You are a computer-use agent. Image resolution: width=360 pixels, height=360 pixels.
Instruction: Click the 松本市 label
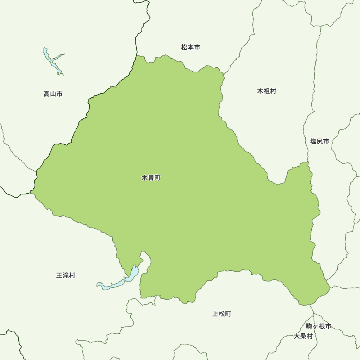click(190, 47)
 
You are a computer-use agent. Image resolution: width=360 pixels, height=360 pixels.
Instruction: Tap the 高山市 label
click(53, 94)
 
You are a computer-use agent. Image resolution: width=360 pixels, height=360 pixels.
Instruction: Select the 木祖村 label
click(266, 91)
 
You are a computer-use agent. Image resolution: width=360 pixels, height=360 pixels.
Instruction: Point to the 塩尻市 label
click(319, 141)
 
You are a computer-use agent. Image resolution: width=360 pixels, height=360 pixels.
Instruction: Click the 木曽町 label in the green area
click(151, 178)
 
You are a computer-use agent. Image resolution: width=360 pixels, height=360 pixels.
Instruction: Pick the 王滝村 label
click(66, 275)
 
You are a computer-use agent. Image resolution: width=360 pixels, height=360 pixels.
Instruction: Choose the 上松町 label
click(222, 314)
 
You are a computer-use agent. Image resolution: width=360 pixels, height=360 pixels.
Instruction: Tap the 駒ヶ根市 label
click(318, 327)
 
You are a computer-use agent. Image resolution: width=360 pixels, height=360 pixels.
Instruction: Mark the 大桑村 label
click(303, 336)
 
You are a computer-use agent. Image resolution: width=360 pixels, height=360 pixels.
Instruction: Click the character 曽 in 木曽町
click(151, 178)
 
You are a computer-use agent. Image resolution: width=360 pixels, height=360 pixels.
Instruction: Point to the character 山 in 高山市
click(53, 94)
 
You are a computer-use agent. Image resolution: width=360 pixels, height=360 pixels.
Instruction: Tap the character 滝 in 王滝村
click(66, 275)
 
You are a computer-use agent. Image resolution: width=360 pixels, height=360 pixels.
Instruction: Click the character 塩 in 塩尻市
click(313, 141)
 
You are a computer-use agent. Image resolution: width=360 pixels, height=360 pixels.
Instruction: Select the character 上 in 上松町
click(215, 314)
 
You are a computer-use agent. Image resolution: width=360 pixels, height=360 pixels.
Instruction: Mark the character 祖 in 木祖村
click(266, 91)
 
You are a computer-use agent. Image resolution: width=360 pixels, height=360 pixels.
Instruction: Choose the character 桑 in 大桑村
click(303, 336)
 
